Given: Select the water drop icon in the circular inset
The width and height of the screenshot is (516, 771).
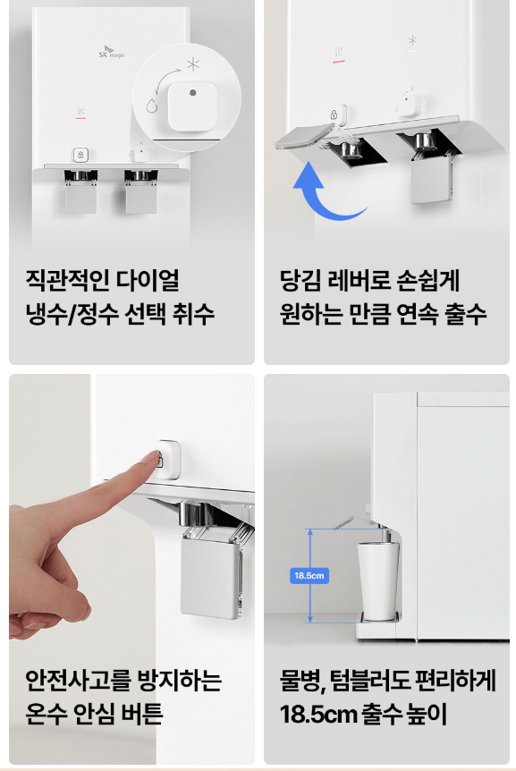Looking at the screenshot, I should (152, 105).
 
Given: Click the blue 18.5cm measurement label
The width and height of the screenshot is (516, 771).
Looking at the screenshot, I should (309, 575).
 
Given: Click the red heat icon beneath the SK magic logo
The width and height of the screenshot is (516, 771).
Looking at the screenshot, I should (80, 114).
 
